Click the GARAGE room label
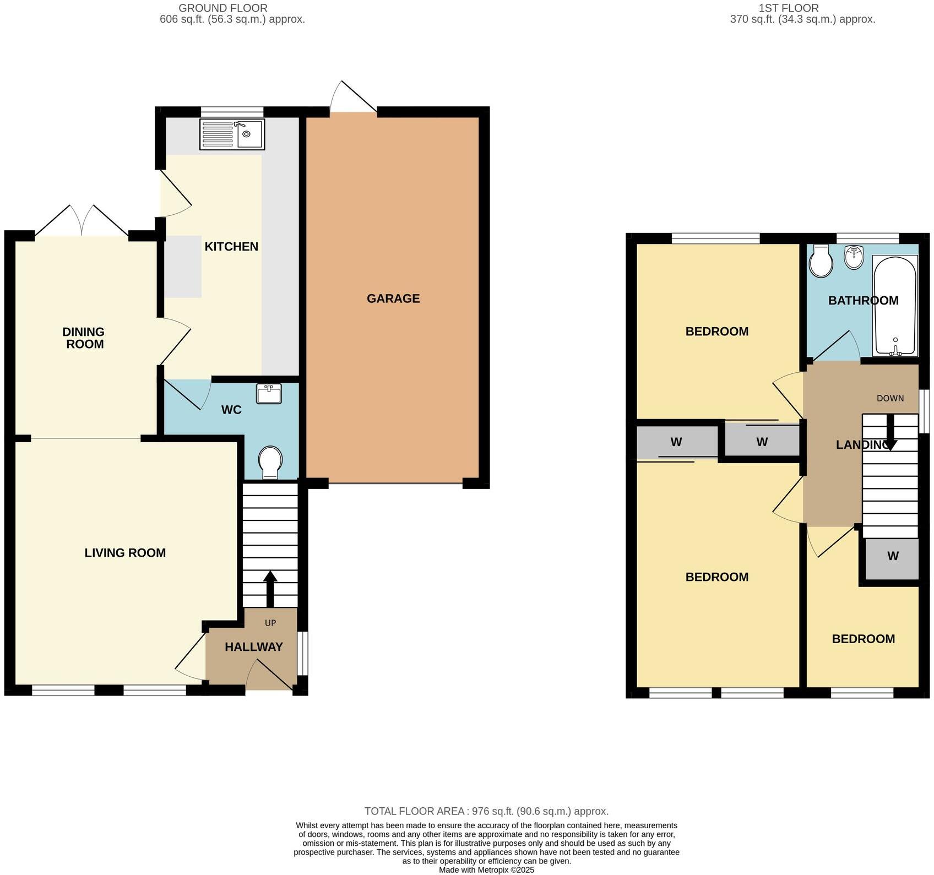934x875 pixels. tap(393, 298)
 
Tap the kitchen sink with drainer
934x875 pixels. tap(232, 134)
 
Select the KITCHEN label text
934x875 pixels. tap(231, 247)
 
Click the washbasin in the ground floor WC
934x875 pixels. tap(269, 394)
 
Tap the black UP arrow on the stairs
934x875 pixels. tap(270, 589)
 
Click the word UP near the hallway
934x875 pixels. tap(270, 623)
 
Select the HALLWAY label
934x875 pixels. tap(254, 647)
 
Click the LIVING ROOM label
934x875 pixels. tap(125, 553)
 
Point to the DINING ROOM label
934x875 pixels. tap(83, 338)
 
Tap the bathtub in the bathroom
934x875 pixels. tap(895, 306)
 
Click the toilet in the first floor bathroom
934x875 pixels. tap(821, 261)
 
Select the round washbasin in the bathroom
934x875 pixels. tap(854, 257)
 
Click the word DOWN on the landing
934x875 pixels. tap(890, 398)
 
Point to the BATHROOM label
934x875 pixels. tap(863, 301)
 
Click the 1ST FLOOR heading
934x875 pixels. tap(789, 8)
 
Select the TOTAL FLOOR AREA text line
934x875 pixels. tap(486, 811)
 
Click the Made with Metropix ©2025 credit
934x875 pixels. tap(486, 870)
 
